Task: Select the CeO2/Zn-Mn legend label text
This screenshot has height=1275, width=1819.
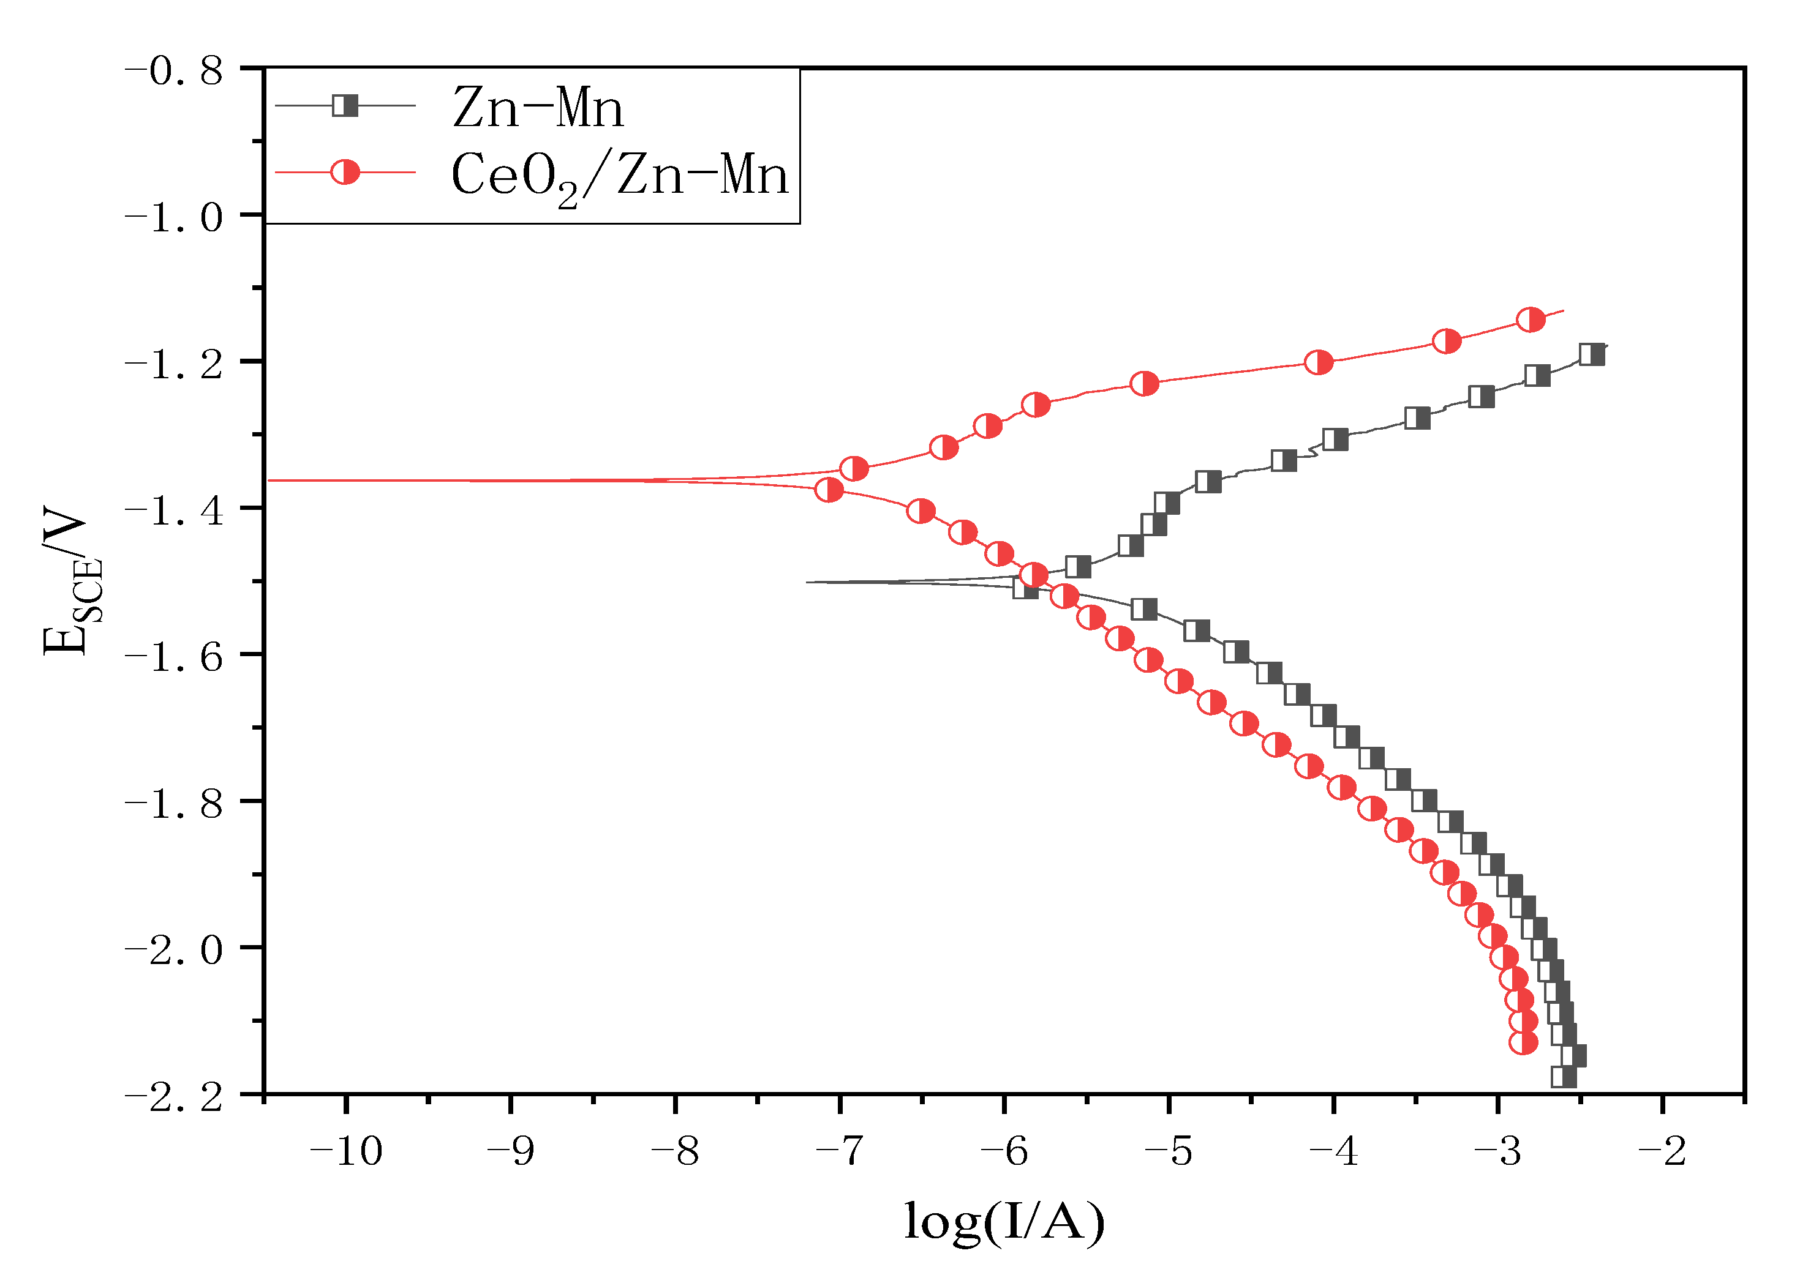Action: [620, 176]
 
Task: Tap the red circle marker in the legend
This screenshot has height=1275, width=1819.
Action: [345, 172]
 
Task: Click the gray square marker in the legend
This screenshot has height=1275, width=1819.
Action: [345, 105]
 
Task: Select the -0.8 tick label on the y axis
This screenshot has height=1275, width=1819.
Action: [175, 71]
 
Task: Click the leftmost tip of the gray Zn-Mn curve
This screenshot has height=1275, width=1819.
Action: [807, 582]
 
